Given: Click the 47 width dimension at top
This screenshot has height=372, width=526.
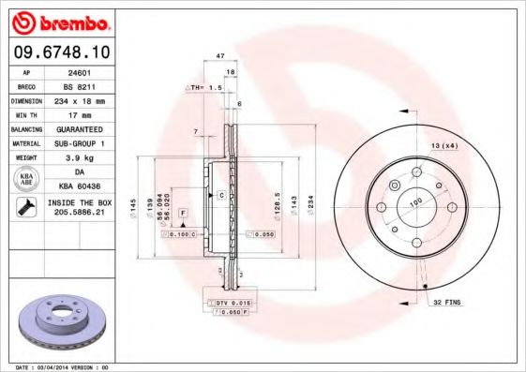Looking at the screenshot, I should [220, 57].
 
